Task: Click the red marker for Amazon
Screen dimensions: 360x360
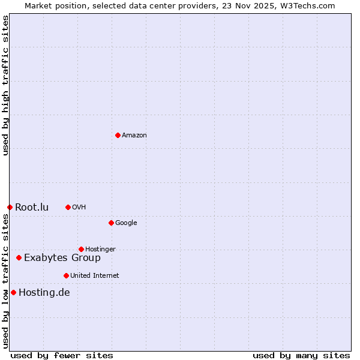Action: pyautogui.click(x=118, y=135)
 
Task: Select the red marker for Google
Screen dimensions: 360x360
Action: pyautogui.click(x=111, y=223)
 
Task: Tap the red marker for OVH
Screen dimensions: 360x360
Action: pyautogui.click(x=68, y=207)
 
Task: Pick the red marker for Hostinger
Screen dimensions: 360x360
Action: pyautogui.click(x=81, y=249)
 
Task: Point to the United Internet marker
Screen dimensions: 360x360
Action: pyautogui.click(x=66, y=275)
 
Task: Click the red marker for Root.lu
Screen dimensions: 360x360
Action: pyautogui.click(x=10, y=207)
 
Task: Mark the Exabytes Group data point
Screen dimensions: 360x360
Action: pyautogui.click(x=19, y=257)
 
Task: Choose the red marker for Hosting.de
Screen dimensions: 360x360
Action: pyautogui.click(x=13, y=292)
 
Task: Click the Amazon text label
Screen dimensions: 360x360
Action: pyautogui.click(x=134, y=136)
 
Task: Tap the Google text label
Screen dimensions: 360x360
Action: pyautogui.click(x=126, y=223)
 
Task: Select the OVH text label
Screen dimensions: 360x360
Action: pyautogui.click(x=79, y=208)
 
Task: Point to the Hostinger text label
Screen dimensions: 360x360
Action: pyautogui.click(x=100, y=250)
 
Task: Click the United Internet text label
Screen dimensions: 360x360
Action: pyautogui.click(x=95, y=276)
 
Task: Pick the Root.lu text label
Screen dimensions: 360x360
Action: pyautogui.click(x=32, y=208)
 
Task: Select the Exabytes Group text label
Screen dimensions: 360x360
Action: pyautogui.click(x=62, y=258)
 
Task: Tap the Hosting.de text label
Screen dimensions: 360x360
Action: pyautogui.click(x=44, y=293)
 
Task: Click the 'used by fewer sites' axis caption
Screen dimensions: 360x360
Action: pyautogui.click(x=62, y=355)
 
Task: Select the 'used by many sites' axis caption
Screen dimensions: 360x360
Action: pyautogui.click(x=301, y=355)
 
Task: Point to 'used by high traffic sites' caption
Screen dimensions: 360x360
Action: pyautogui.click(x=6, y=85)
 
